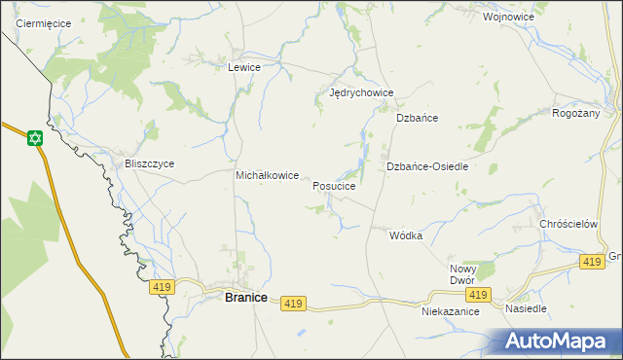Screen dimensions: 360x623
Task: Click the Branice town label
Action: pyautogui.click(x=246, y=298)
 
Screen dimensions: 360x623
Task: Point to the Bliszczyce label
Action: pyautogui.click(x=149, y=163)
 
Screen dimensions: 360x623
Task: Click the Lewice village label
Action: pyautogui.click(x=243, y=68)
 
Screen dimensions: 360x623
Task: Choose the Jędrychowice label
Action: pyautogui.click(x=361, y=93)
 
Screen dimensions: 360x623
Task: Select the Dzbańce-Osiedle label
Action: pyautogui.click(x=428, y=166)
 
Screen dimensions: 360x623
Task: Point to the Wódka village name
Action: pyautogui.click(x=406, y=236)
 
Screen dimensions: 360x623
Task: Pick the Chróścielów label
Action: pyautogui.click(x=568, y=224)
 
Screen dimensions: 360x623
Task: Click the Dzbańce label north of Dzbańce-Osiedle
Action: pyautogui.click(x=418, y=118)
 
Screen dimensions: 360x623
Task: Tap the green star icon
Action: pyautogui.click(x=35, y=138)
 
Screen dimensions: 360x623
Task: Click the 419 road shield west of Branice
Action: pyautogui.click(x=162, y=287)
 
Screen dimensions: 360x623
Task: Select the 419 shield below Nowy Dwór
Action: pyautogui.click(x=477, y=295)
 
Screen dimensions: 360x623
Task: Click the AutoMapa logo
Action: pyautogui.click(x=558, y=342)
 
